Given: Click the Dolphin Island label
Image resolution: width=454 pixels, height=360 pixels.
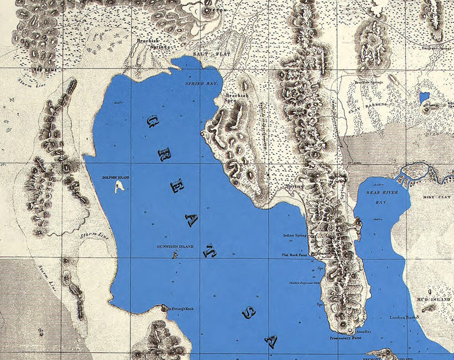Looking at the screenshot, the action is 115,177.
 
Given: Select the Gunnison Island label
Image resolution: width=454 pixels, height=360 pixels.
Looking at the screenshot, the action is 175,247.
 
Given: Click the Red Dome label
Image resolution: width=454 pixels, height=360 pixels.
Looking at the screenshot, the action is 43,70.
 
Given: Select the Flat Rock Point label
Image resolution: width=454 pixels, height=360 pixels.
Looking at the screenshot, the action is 294,254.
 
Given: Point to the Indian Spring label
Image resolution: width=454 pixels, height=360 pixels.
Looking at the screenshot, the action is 295,236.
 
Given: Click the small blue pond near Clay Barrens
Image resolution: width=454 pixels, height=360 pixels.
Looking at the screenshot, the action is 425,97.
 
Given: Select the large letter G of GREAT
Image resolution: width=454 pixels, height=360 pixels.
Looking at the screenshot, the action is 153,121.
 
